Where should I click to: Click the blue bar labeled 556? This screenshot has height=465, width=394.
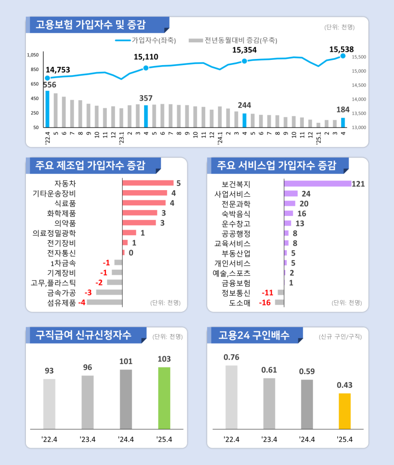(47, 109)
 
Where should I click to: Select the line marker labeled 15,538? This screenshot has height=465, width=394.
(343, 56)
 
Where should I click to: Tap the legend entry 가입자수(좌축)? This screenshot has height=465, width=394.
(145, 41)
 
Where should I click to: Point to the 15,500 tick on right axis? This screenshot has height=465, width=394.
(359, 57)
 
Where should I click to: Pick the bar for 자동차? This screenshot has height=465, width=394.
(148, 183)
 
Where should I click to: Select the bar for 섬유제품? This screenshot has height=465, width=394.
(105, 302)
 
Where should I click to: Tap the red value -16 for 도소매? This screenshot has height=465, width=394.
(265, 302)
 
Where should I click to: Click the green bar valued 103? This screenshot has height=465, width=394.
(164, 398)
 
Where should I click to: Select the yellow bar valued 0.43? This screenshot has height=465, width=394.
(345, 411)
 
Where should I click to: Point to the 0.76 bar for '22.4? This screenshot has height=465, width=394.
(232, 397)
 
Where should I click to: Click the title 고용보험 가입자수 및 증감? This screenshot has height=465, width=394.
(91, 24)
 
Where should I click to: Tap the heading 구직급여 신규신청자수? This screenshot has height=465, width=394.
(84, 335)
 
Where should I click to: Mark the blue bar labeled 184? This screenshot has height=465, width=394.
(343, 122)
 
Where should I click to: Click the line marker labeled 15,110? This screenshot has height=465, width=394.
(146, 68)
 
